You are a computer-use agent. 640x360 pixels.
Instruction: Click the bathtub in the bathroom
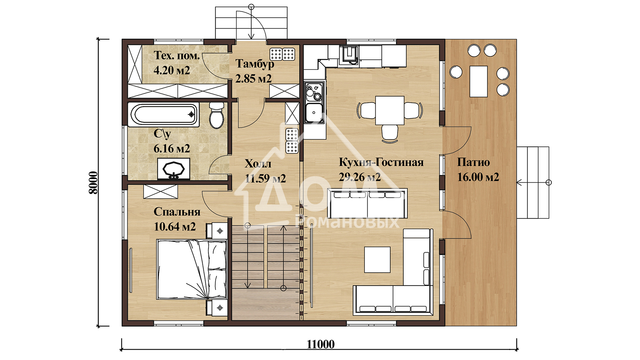(x=163, y=115)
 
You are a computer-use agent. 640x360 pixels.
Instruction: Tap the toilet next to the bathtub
(x=217, y=115)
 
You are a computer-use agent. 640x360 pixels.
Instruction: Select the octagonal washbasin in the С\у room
(x=173, y=169)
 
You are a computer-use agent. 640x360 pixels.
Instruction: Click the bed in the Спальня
(x=192, y=269)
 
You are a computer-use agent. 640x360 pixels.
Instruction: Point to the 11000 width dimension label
(x=320, y=344)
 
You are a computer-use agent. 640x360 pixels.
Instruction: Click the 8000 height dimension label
(x=93, y=182)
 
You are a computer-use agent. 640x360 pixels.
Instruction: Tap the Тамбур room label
(x=255, y=64)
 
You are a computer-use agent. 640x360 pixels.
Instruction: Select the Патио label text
(x=473, y=162)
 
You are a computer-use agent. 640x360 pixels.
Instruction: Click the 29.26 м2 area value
(x=360, y=177)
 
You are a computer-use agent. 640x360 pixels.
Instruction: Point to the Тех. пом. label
(x=177, y=55)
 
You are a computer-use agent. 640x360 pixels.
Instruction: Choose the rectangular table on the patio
(x=478, y=81)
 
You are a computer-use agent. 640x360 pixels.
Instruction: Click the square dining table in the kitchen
(x=390, y=110)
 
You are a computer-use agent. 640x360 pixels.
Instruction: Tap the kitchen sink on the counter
(x=314, y=112)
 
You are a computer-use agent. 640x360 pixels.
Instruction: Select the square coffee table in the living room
(x=377, y=260)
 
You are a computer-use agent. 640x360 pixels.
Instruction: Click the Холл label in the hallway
(x=258, y=164)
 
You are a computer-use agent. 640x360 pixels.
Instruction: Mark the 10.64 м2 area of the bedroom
(x=175, y=227)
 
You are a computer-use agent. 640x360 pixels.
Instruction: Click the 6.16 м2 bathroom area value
(x=172, y=149)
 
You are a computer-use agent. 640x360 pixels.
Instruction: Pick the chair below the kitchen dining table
(x=390, y=133)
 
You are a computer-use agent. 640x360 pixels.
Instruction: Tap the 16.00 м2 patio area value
(x=478, y=177)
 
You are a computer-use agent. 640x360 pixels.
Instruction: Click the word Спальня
(x=177, y=212)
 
